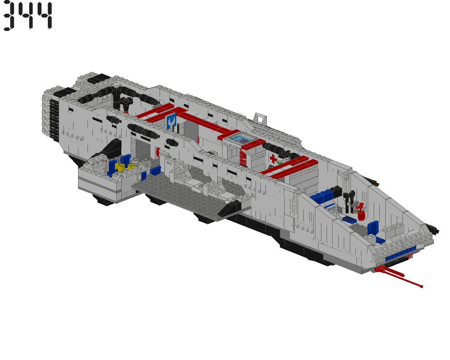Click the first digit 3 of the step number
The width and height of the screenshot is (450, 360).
pyautogui.click(x=9, y=16)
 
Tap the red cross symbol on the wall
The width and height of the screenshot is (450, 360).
pyautogui.click(x=273, y=159)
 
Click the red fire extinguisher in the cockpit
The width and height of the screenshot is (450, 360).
pyautogui.click(x=361, y=212)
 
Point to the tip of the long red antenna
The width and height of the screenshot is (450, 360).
pyautogui.click(x=422, y=287)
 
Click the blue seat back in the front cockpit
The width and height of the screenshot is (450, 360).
pyautogui.click(x=373, y=228)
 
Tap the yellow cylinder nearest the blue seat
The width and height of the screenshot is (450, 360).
pyautogui.click(x=121, y=168)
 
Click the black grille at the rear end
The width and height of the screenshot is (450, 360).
pyautogui.click(x=54, y=120)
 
